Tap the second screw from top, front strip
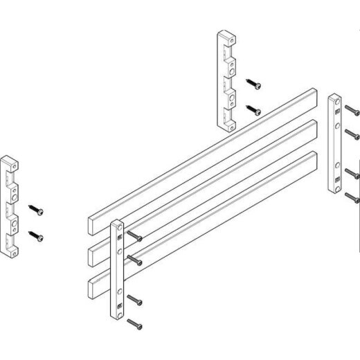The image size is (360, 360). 136,261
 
